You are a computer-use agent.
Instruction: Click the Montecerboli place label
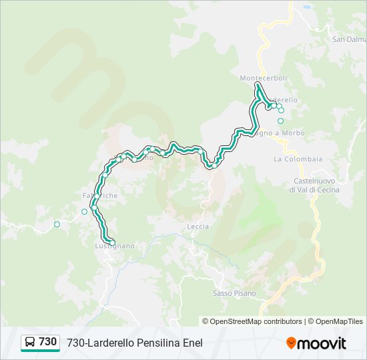click(x=263, y=78)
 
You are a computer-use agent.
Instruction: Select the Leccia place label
click(x=198, y=227)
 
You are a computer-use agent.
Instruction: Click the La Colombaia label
click(x=298, y=159)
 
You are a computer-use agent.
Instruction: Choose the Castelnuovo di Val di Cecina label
click(x=314, y=185)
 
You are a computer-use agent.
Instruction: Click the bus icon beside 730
click(x=30, y=342)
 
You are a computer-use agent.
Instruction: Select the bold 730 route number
click(x=47, y=342)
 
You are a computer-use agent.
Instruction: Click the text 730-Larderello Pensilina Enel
click(x=134, y=343)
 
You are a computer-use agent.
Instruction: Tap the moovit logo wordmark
click(x=322, y=343)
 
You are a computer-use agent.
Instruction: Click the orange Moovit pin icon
click(x=291, y=343)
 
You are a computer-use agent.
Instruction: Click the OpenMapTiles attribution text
click(x=336, y=321)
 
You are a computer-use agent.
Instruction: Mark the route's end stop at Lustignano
click(x=111, y=242)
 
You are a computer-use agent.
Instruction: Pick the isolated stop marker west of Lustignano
click(x=57, y=224)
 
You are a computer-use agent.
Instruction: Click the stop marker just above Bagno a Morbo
click(x=280, y=121)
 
